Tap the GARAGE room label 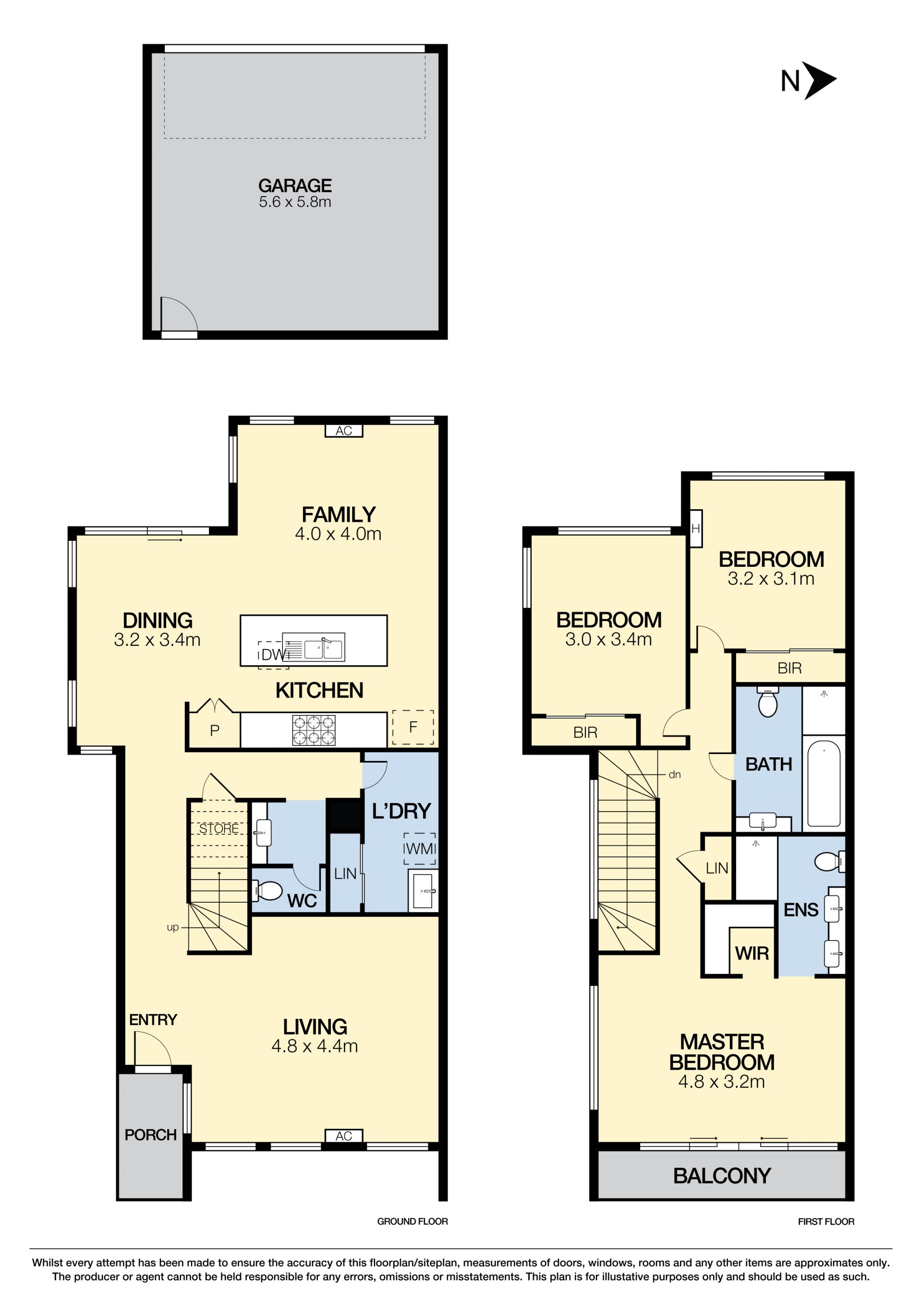point(295,186)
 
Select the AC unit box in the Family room point(343,431)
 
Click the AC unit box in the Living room point(343,1136)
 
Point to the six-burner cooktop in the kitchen point(314,730)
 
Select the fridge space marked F point(413,727)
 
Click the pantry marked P point(215,730)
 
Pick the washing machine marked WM point(420,849)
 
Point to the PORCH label point(150,1135)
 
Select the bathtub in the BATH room point(823,783)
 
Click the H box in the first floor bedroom point(695,529)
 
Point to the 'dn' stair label point(675,775)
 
